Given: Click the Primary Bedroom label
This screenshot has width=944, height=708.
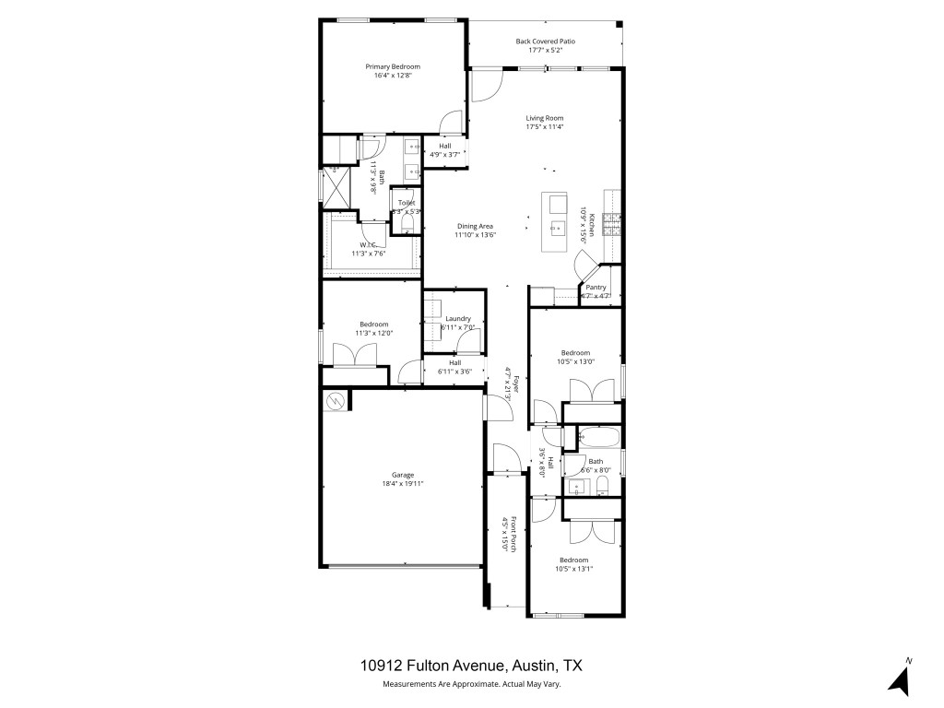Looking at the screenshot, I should click(392, 66).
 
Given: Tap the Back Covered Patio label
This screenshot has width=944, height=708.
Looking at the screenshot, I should click(545, 41).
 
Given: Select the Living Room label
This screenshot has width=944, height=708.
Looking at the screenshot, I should click(545, 118).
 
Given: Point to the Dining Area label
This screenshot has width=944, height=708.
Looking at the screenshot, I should click(476, 226).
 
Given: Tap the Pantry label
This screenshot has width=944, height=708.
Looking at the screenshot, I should click(596, 288).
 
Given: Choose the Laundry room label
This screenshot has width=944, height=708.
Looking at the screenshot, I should click(458, 319).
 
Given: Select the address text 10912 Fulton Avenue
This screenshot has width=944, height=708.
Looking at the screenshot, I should click(432, 666).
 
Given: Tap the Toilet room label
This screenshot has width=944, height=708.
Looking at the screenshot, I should click(407, 203).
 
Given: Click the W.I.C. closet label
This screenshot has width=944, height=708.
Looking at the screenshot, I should click(368, 245).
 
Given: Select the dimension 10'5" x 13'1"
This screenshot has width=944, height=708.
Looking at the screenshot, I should click(573, 569).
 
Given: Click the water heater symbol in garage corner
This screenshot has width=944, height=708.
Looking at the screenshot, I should click(336, 400).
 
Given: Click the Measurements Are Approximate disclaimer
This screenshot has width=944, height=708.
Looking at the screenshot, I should click(471, 684).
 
